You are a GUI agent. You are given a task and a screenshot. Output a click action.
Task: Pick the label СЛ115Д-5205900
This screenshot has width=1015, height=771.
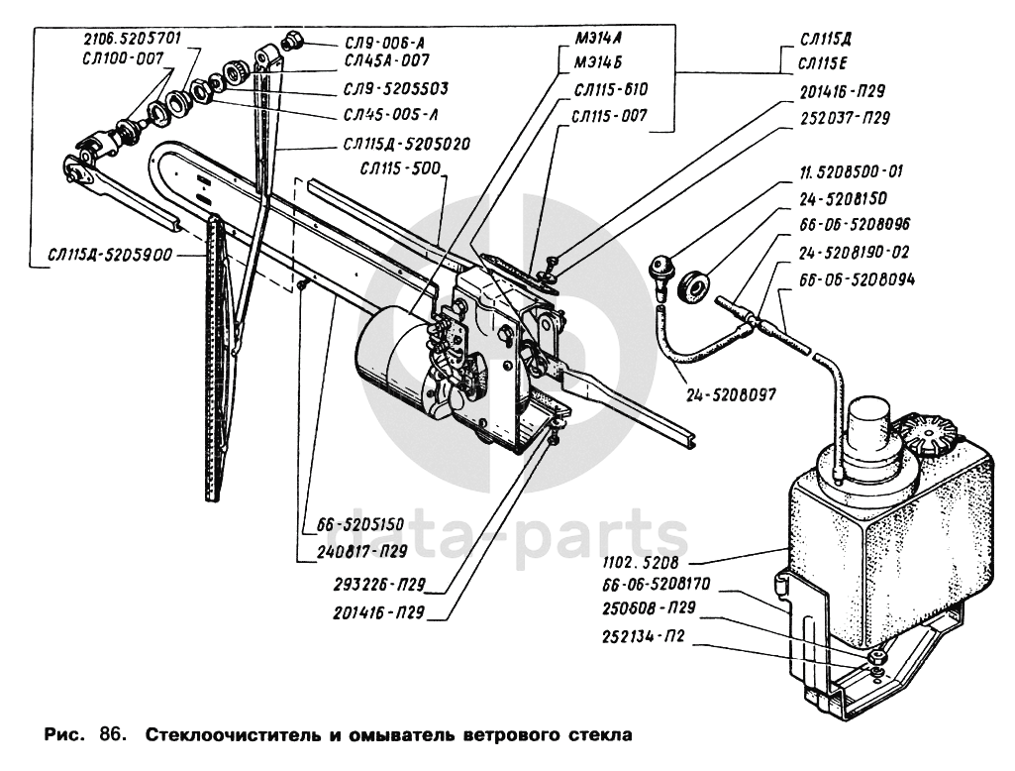(111, 255)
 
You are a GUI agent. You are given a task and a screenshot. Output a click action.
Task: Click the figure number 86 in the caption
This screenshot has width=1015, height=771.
(109, 736)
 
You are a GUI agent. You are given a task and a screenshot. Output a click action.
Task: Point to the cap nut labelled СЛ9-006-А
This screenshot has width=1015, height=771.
(291, 41)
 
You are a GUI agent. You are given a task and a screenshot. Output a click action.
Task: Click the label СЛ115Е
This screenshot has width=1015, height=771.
(826, 65)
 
